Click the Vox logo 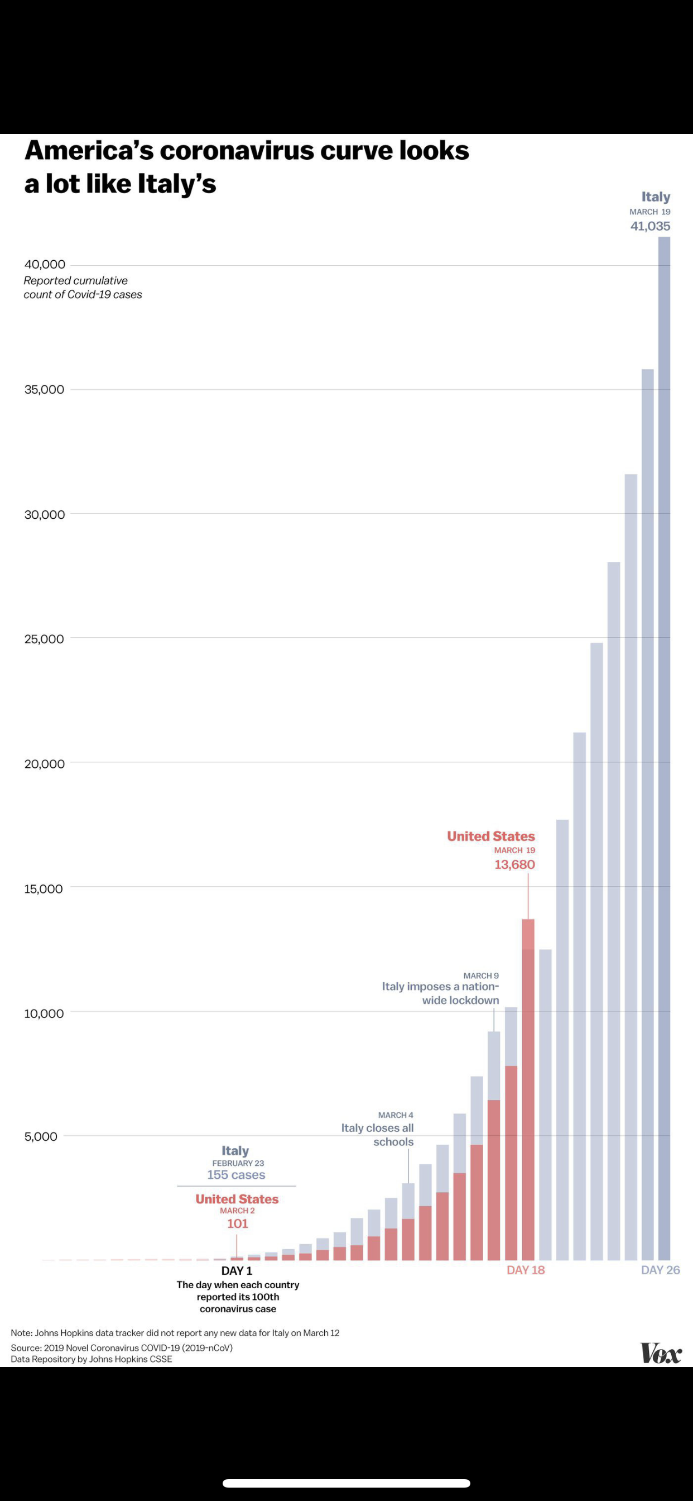click(x=661, y=1353)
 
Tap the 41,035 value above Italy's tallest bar click(x=650, y=226)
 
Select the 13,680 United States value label click(x=514, y=865)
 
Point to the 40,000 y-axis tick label click(x=45, y=265)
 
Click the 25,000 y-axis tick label click(x=44, y=639)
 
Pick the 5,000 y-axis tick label click(x=41, y=1136)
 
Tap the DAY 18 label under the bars click(x=525, y=1270)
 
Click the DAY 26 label click(x=660, y=1270)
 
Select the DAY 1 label click(x=237, y=1271)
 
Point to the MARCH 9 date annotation click(x=481, y=976)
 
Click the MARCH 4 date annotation click(x=396, y=1115)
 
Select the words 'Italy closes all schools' click(x=377, y=1135)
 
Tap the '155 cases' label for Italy click(x=236, y=1175)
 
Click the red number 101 click(x=237, y=1223)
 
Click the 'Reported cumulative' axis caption click(x=76, y=281)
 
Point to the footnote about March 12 click(x=175, y=1332)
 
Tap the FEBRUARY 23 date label click(x=238, y=1163)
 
